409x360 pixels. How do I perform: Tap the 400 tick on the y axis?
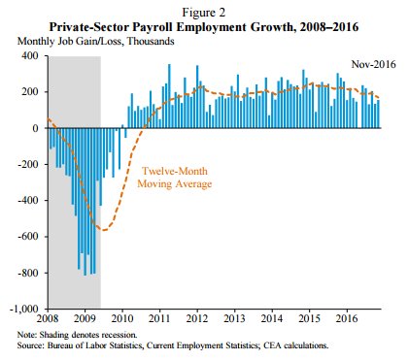tap(32, 56)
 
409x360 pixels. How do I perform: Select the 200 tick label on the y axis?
tap(32, 92)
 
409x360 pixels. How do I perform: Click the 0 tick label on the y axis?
tap(37, 128)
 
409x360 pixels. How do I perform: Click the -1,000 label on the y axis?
tap(25, 310)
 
